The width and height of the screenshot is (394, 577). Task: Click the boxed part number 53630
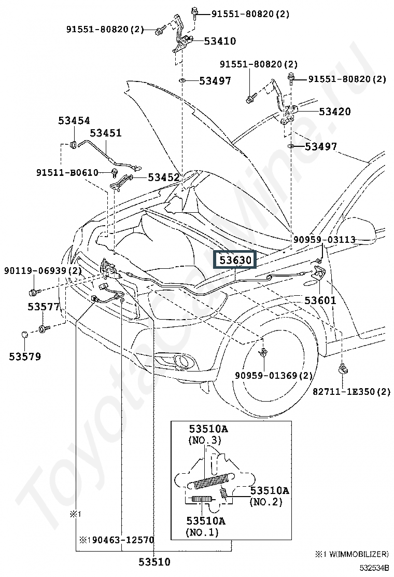click(x=235, y=260)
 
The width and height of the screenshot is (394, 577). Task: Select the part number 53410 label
click(x=220, y=41)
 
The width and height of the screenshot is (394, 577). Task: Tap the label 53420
click(x=335, y=111)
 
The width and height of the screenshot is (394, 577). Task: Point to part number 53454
click(x=74, y=120)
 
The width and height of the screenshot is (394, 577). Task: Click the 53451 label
click(x=106, y=132)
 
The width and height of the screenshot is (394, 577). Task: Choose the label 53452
click(x=163, y=177)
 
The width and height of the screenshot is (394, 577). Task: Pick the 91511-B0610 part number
click(x=67, y=172)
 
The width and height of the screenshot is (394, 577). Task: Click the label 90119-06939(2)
click(x=43, y=271)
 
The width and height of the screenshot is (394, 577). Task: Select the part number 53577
click(x=44, y=306)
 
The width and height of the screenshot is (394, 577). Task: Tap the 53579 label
click(x=25, y=356)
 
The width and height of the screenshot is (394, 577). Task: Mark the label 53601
click(x=320, y=300)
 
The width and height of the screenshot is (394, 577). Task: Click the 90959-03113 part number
click(x=325, y=240)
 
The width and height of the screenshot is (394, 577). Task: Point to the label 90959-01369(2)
click(x=274, y=376)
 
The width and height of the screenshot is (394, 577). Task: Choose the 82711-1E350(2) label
click(x=351, y=392)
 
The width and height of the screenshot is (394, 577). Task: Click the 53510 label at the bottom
click(x=154, y=562)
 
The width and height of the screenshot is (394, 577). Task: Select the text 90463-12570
click(x=123, y=540)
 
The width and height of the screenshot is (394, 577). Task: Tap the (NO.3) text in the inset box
click(x=204, y=440)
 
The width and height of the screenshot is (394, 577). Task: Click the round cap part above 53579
click(x=25, y=335)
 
